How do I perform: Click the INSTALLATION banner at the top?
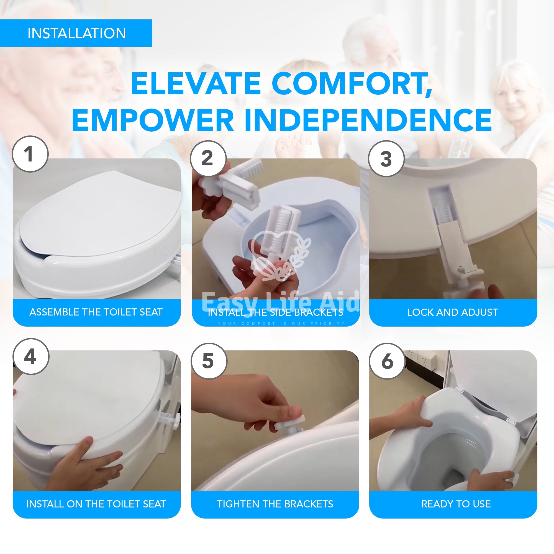76,33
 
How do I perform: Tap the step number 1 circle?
30,154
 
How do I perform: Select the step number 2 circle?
209,158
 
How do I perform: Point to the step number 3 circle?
386,158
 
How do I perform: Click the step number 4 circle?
31,356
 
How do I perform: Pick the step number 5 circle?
209,361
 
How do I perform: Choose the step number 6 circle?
387,361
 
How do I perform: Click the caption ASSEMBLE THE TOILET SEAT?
96,312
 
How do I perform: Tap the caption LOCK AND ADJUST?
453,312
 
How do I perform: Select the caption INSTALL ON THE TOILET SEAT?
96,504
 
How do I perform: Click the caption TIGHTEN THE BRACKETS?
275,504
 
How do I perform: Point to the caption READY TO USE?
456,504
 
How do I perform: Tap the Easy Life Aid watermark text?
280,301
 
